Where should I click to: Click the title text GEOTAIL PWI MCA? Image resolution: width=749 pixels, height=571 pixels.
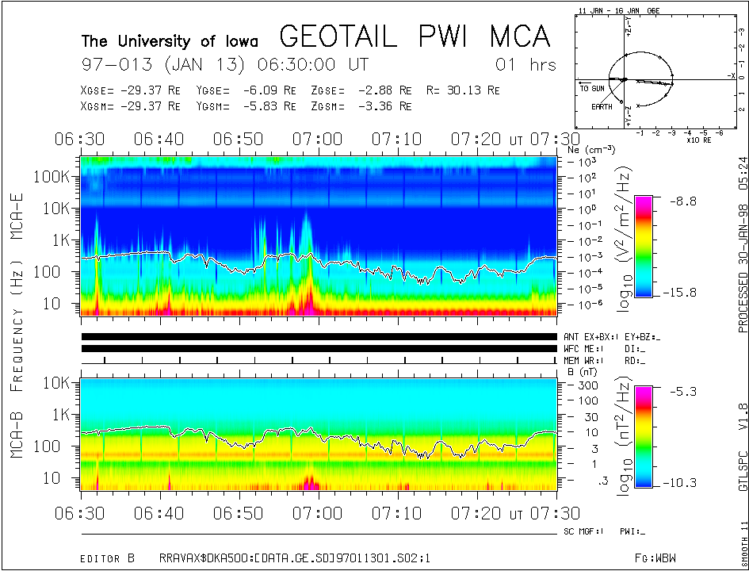pyautogui.click(x=415, y=36)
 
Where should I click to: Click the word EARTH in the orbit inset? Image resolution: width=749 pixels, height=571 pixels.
pyautogui.click(x=602, y=106)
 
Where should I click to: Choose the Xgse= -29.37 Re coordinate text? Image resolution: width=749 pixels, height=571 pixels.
pyautogui.click(x=131, y=90)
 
